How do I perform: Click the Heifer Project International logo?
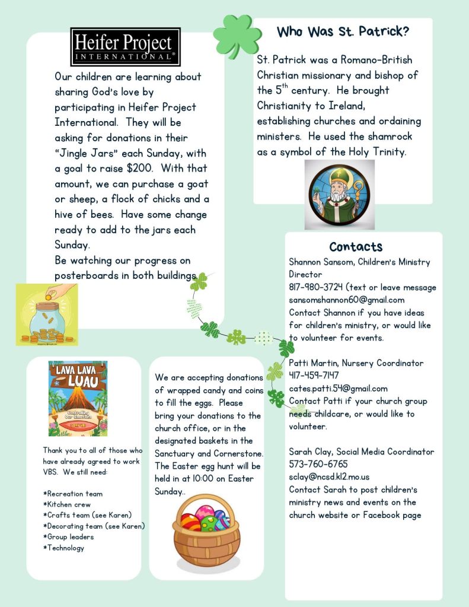pos(126,46)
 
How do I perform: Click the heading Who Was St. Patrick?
pos(343,31)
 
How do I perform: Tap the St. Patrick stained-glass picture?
pos(339,195)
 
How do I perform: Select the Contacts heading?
pos(356,247)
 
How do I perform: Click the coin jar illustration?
pos(47,314)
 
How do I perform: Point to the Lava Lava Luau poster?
pos(78,399)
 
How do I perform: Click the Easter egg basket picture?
pos(206,529)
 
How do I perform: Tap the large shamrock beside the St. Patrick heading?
pos(237,36)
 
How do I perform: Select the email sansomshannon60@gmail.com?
pos(346,300)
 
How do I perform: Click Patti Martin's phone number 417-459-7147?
pos(314,376)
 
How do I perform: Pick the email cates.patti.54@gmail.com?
pos(338,389)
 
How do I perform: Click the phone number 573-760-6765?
pos(318,464)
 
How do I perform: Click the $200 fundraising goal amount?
pos(142,169)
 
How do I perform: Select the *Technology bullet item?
pos(64,548)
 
